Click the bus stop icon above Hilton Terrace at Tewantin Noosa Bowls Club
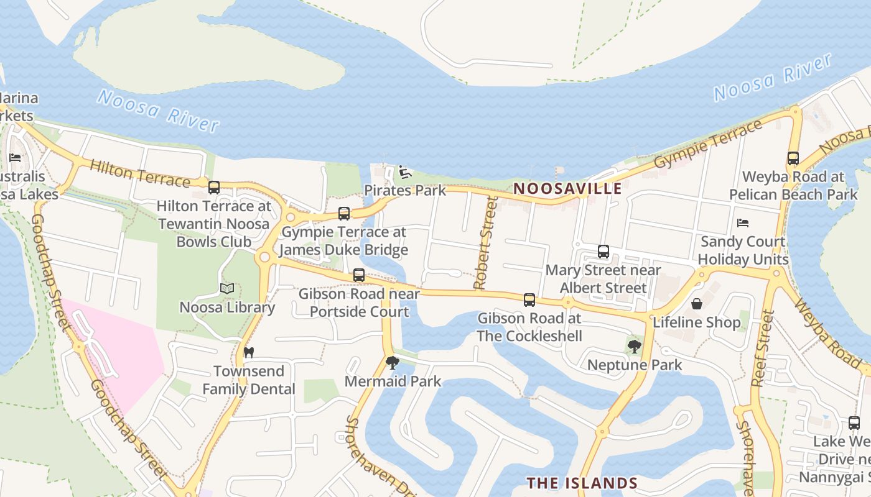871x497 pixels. coord(214,187)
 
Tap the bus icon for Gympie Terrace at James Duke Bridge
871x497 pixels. coord(343,214)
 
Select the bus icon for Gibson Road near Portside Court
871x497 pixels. coord(359,275)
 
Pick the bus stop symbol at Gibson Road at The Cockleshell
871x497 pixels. coord(529,300)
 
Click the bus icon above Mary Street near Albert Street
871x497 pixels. coord(603,252)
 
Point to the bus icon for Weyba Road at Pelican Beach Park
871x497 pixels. coord(793,158)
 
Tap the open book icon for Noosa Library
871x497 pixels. coord(227,289)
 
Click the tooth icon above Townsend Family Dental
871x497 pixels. coord(249,352)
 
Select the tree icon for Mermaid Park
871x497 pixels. coord(392,362)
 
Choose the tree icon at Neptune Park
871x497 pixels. coord(634,346)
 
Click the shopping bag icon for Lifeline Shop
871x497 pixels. coord(697,304)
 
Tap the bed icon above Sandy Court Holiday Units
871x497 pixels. coord(742,223)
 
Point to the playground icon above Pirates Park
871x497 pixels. coord(405,172)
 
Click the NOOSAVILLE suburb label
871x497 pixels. coord(567,188)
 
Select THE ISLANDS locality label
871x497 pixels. coord(582,483)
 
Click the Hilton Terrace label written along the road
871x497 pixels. coord(139,173)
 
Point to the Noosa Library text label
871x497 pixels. coord(227,308)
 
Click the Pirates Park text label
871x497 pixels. coord(405,190)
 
